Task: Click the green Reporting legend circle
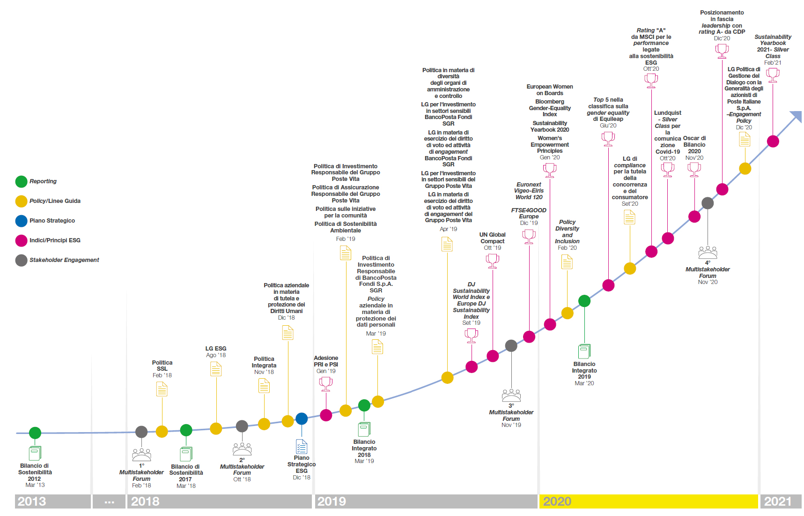pyautogui.click(x=21, y=181)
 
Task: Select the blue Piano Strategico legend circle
pyautogui.click(x=21, y=221)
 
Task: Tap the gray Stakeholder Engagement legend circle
pyautogui.click(x=21, y=260)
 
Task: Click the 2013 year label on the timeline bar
pyautogui.click(x=32, y=501)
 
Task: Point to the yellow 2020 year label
pyautogui.click(x=557, y=501)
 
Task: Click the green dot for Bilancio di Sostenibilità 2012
pyautogui.click(x=35, y=433)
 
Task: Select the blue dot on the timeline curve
pyautogui.click(x=302, y=419)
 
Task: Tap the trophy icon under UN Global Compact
pyautogui.click(x=493, y=261)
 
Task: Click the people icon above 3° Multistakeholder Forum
pyautogui.click(x=511, y=395)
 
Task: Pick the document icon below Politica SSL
pyautogui.click(x=162, y=389)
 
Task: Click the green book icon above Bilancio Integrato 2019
pyautogui.click(x=584, y=351)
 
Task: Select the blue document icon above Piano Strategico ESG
pyautogui.click(x=302, y=447)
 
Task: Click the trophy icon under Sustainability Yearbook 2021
pyautogui.click(x=773, y=75)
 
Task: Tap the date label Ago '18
pyautogui.click(x=216, y=355)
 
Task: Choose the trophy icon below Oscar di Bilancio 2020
pyautogui.click(x=694, y=170)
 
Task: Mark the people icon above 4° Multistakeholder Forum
pyautogui.click(x=708, y=253)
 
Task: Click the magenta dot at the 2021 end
pyautogui.click(x=773, y=141)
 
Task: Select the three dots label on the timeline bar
pyautogui.click(x=110, y=502)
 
